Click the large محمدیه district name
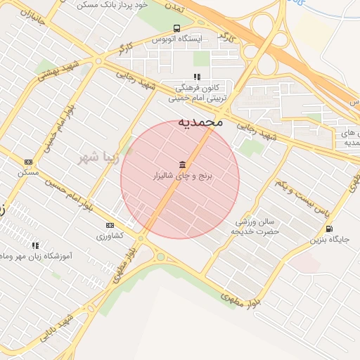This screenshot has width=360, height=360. (x=200, y=122)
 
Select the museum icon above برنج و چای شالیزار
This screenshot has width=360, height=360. (x=183, y=165)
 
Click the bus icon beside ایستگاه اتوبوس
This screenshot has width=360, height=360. (x=157, y=39)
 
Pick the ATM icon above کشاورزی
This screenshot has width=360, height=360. (x=109, y=225)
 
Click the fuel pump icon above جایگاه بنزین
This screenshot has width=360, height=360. (x=329, y=229)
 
